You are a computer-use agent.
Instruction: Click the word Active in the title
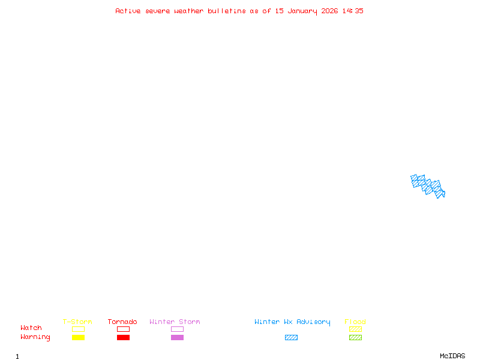click(x=128, y=11)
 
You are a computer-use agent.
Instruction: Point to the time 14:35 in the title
click(x=353, y=11)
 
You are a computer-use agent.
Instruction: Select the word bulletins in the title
click(x=227, y=11)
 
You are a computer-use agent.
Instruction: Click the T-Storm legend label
click(x=77, y=322)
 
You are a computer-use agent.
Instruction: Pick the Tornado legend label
click(x=122, y=322)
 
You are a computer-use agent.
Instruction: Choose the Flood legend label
click(x=355, y=322)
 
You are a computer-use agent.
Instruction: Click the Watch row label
click(x=31, y=328)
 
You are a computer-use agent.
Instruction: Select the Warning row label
click(x=35, y=337)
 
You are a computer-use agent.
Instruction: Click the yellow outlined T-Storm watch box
click(x=78, y=329)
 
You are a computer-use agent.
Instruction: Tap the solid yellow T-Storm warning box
click(x=78, y=337)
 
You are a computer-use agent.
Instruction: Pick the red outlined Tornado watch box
click(x=123, y=329)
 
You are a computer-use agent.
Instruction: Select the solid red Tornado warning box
click(x=123, y=337)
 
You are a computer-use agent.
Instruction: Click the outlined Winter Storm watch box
click(x=177, y=329)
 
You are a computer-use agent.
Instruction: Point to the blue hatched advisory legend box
click(x=291, y=337)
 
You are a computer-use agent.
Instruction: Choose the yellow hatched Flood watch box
click(x=355, y=329)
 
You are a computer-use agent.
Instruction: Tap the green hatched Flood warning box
click(x=355, y=337)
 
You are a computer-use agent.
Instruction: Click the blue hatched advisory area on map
click(x=428, y=185)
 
